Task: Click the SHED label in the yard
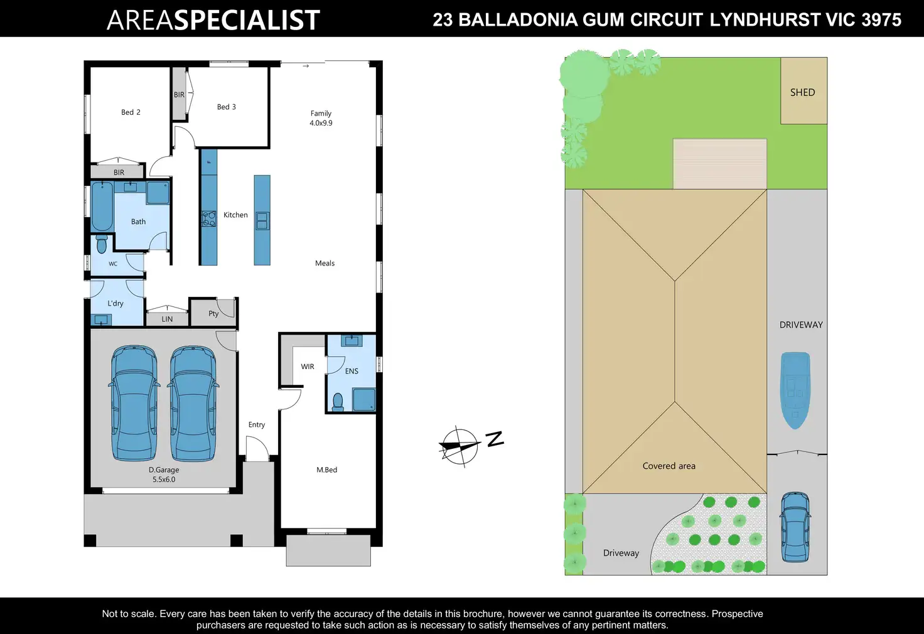coord(802,92)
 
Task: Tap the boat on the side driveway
coord(795,390)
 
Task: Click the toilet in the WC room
coord(102,244)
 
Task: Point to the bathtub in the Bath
coord(102,207)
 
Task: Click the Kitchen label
coord(235,215)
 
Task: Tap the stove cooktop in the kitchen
coord(208,219)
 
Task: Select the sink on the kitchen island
coord(262,221)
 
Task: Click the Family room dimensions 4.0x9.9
coord(321,123)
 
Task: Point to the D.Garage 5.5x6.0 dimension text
coord(164,480)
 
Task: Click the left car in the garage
coord(134,403)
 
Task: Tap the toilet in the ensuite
coord(338,402)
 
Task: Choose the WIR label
coord(308,367)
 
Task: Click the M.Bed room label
coord(326,470)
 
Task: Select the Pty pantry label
coord(213,313)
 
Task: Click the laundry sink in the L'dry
coord(100,320)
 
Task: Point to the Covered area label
coord(669,466)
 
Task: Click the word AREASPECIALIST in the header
coord(213,20)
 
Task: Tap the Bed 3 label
coord(227,107)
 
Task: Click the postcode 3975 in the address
coord(881,20)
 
